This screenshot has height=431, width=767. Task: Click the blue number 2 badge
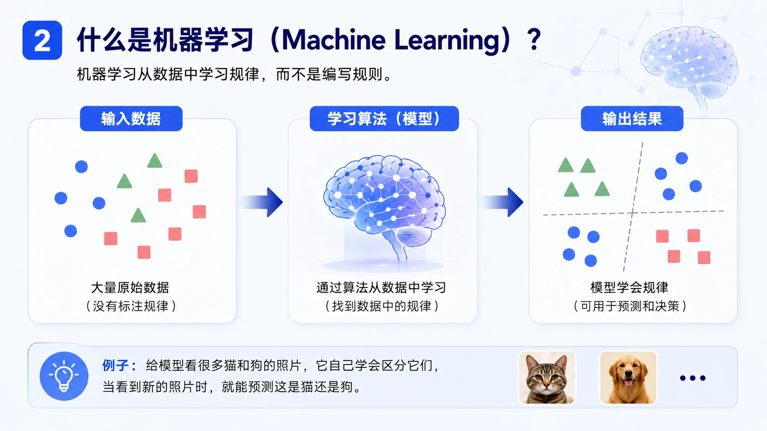[x=42, y=40]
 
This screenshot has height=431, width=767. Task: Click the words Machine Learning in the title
[x=391, y=40]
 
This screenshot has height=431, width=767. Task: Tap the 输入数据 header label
[x=131, y=119]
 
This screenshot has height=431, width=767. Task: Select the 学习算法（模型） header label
[x=384, y=119]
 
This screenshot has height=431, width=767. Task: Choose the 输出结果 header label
[x=632, y=119]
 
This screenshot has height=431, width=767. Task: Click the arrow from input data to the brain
[x=261, y=202]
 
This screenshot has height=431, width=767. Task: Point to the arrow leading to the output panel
[x=502, y=202]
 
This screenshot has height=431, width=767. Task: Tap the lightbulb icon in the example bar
[x=64, y=376]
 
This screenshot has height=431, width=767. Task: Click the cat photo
[x=547, y=377]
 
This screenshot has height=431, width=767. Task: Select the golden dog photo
[x=628, y=377]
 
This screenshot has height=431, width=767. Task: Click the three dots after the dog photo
[x=693, y=378]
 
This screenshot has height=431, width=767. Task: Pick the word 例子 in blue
[x=115, y=366]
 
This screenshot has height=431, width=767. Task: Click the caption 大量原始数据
[x=130, y=288]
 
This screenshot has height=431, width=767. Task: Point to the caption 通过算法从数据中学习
[x=381, y=288]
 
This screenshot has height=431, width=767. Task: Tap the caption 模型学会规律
[x=629, y=288]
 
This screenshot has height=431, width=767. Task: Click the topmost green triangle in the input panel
[x=155, y=161]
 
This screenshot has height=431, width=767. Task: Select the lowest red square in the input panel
[x=144, y=252]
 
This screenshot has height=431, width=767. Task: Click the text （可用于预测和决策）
[x=630, y=306]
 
